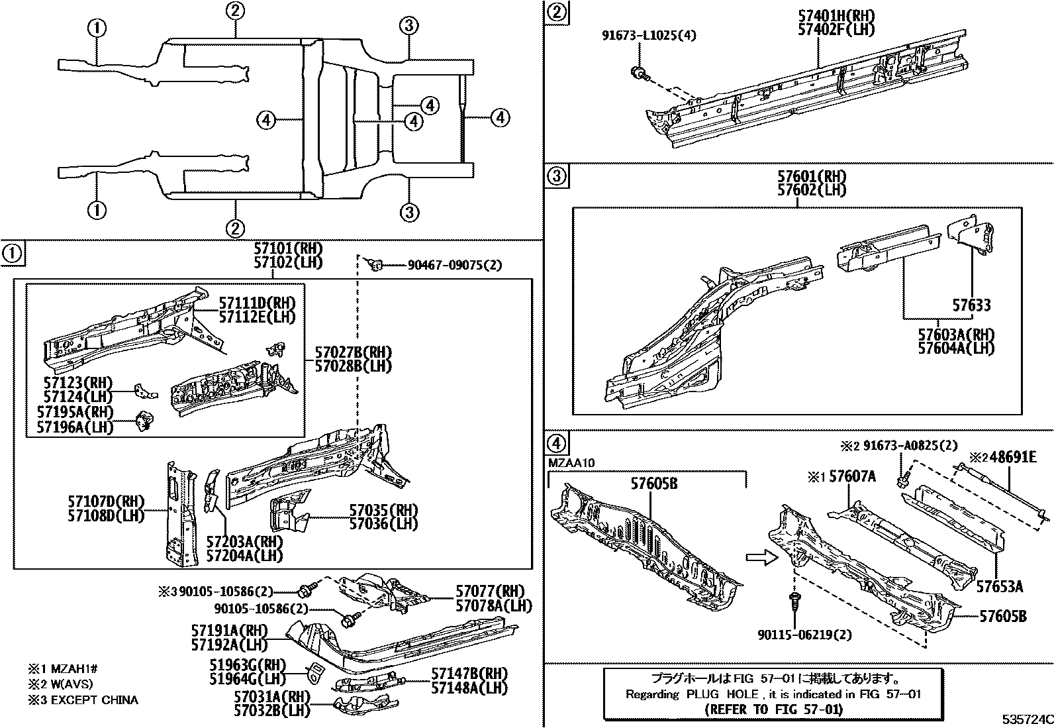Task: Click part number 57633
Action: pyautogui.click(x=971, y=305)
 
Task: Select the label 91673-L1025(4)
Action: pyautogui.click(x=649, y=35)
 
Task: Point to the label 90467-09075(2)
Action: pyautogui.click(x=454, y=266)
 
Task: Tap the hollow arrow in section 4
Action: pyautogui.click(x=757, y=558)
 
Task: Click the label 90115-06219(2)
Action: pyautogui.click(x=804, y=635)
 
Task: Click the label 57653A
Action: pyautogui.click(x=1000, y=586)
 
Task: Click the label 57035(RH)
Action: pyautogui.click(x=383, y=510)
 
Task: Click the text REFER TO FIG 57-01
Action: pyautogui.click(x=772, y=709)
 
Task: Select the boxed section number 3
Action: pyautogui.click(x=557, y=176)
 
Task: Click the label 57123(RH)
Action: pyautogui.click(x=78, y=383)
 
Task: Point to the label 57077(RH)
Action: pyautogui.click(x=489, y=592)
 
